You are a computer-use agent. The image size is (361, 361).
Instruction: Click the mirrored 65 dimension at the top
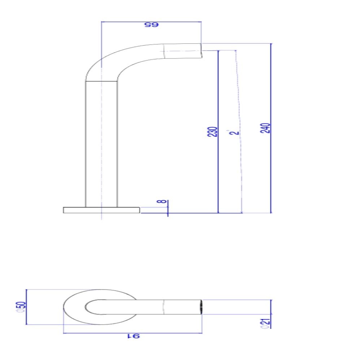coord(152,25)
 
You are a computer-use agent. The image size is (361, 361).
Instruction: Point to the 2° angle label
coord(235,131)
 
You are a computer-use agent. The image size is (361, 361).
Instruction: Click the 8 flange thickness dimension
coord(164,201)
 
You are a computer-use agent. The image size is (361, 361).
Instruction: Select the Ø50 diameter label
coord(23,307)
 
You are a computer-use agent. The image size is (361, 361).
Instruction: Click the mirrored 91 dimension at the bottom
coord(133,337)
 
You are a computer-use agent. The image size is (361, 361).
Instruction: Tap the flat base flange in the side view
coord(101,210)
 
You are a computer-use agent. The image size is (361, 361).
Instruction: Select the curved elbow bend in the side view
coord(108,61)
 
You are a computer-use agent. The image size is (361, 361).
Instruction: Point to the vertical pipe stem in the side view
coord(101,144)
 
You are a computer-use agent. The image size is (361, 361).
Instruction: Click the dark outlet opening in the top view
coord(201,307)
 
